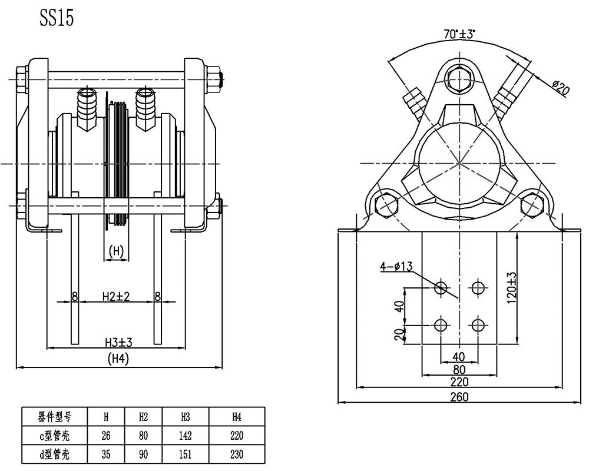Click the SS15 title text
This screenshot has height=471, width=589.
pyautogui.click(x=57, y=17)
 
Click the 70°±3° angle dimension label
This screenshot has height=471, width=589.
pyautogui.click(x=459, y=34)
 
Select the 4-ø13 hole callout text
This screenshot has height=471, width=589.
pyautogui.click(x=396, y=266)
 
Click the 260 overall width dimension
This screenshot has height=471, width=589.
pyautogui.click(x=459, y=397)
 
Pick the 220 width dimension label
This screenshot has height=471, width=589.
pyautogui.click(x=459, y=382)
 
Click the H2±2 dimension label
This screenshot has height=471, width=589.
pyautogui.click(x=116, y=296)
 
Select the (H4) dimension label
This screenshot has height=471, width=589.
pyautogui.click(x=118, y=359)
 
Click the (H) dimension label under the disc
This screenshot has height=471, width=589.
pyautogui.click(x=115, y=250)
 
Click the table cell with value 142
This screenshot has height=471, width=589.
pyautogui.click(x=185, y=435)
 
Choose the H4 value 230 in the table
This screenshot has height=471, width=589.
pyautogui.click(x=237, y=454)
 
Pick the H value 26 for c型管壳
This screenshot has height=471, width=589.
pyautogui.click(x=106, y=435)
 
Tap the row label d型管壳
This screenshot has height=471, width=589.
pyautogui.click(x=54, y=454)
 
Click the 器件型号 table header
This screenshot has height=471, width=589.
pyautogui.click(x=54, y=416)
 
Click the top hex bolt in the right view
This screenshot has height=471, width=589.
pyautogui.click(x=459, y=80)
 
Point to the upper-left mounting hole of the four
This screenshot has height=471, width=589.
pyautogui.click(x=440, y=288)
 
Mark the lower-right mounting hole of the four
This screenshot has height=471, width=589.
pyautogui.click(x=478, y=325)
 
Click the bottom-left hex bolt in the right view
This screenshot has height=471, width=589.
pyautogui.click(x=388, y=205)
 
